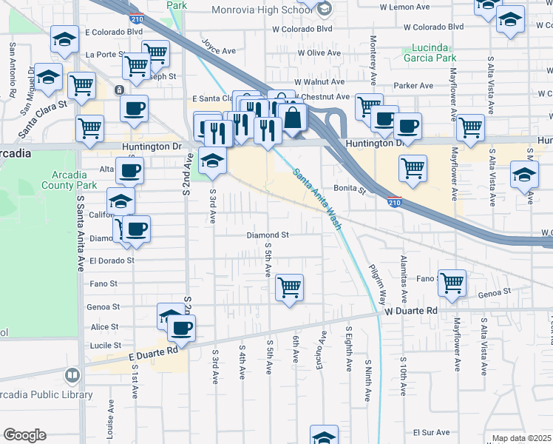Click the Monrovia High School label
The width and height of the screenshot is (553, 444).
tap(261, 10)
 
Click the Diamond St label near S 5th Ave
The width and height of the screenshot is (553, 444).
tap(267, 235)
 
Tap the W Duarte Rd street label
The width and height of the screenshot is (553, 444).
tap(411, 312)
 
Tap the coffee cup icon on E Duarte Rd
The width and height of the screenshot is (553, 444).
tap(180, 328)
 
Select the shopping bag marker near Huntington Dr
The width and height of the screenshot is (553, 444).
tap(293, 118)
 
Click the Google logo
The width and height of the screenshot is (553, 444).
tap(24, 435)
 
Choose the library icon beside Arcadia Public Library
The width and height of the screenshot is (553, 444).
tap(72, 376)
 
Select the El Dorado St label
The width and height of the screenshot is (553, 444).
tap(112, 260)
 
